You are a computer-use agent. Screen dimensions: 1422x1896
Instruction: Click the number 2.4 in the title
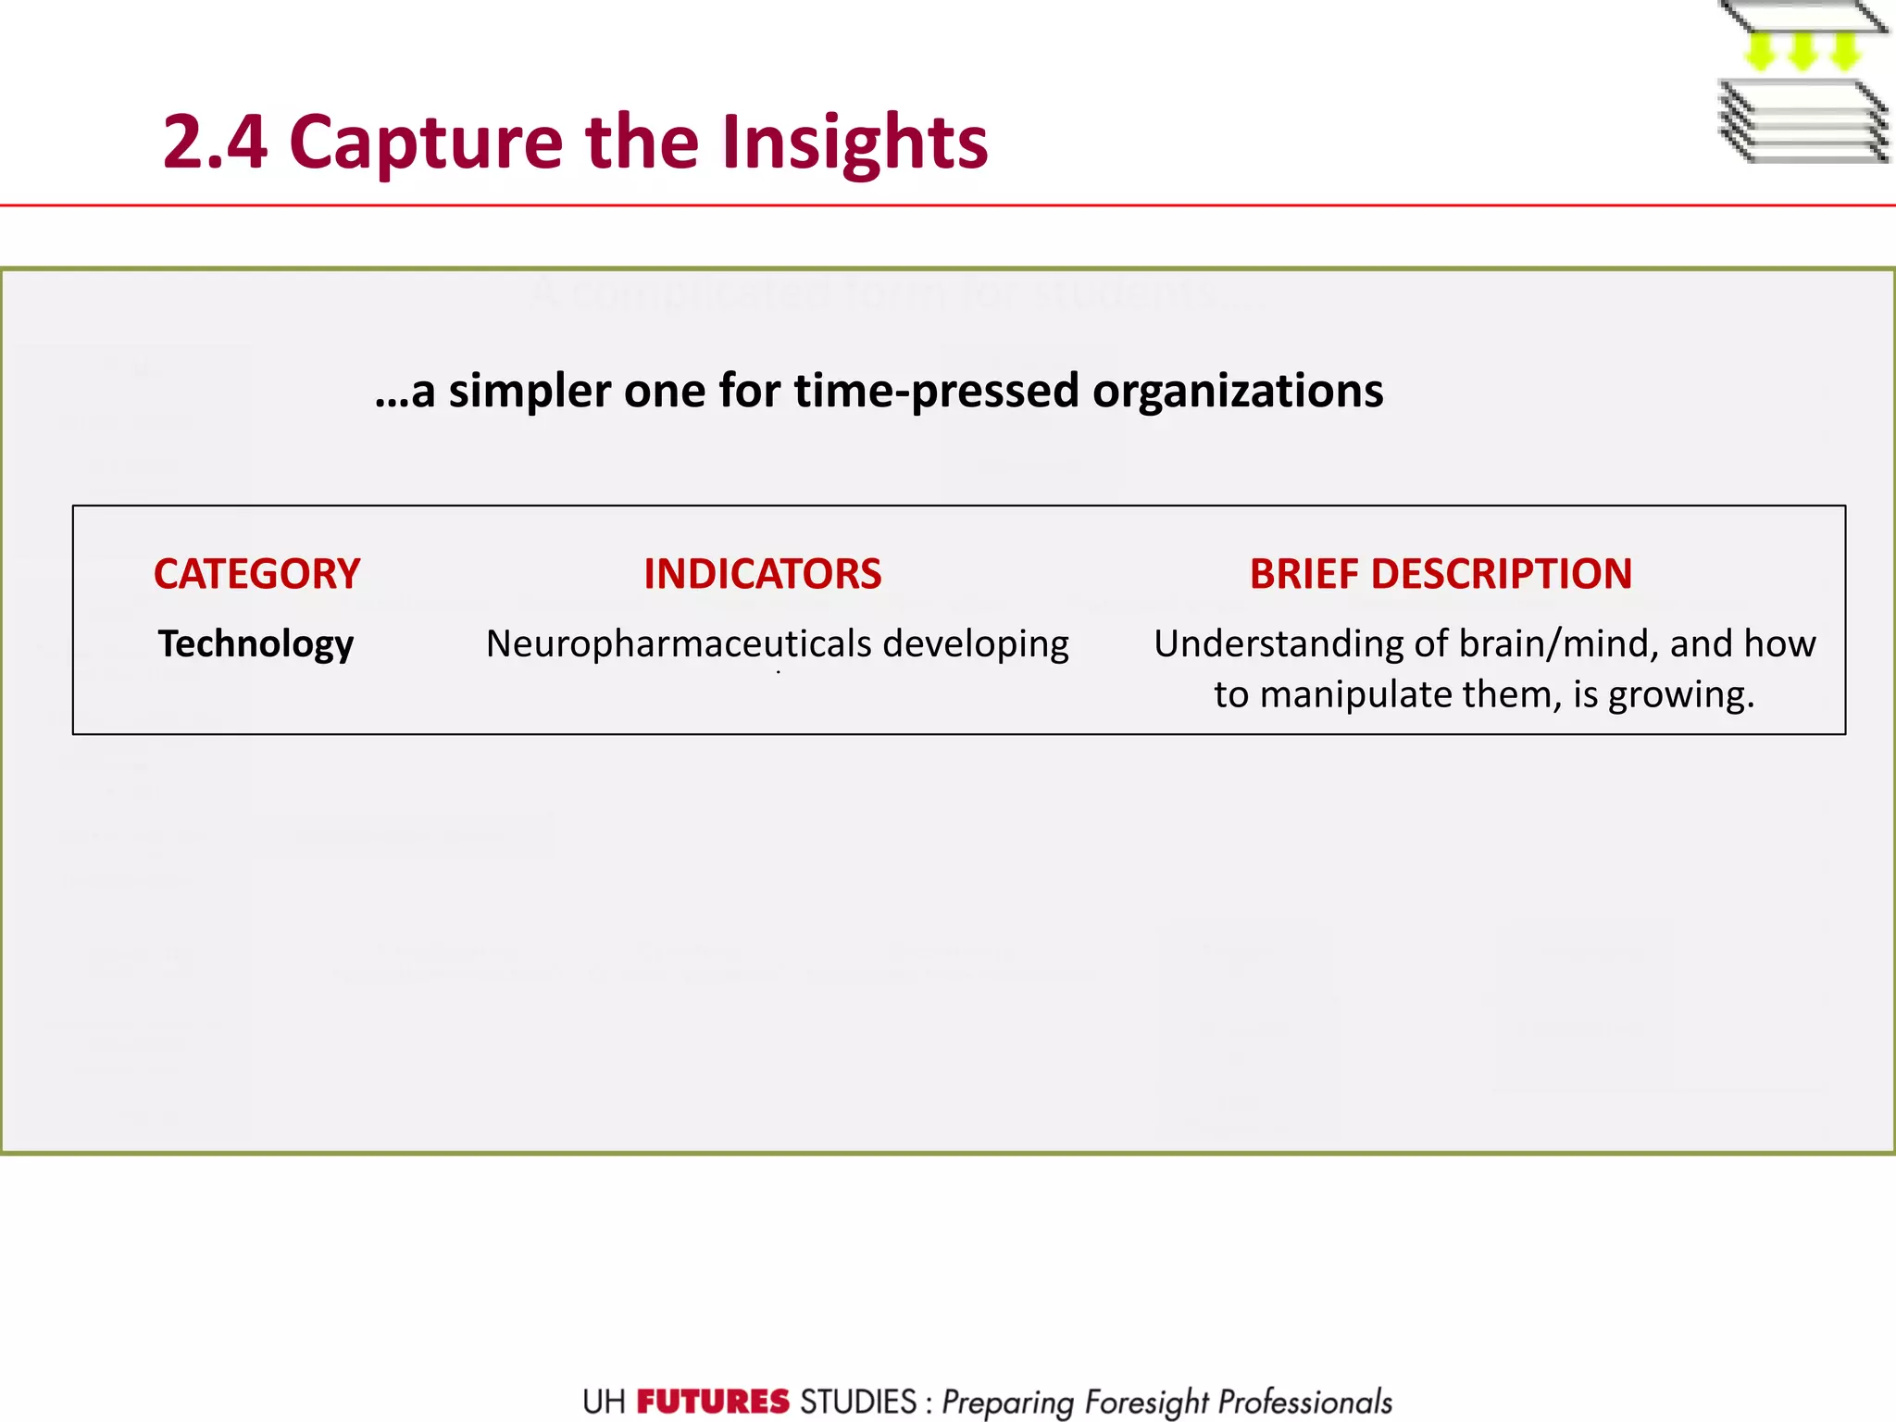click(x=215, y=143)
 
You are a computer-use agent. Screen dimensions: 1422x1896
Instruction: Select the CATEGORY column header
click(x=256, y=574)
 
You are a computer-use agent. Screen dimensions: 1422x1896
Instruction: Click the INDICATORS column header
click(x=763, y=574)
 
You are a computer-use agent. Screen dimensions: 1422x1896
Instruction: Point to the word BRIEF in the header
click(x=1304, y=574)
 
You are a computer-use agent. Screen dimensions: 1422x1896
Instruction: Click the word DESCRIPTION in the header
click(x=1502, y=574)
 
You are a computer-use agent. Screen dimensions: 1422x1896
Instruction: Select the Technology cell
click(x=256, y=643)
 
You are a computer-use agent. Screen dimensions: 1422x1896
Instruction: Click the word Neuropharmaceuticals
click(x=678, y=643)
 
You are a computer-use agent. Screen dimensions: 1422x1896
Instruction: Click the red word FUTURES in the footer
click(x=713, y=1402)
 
